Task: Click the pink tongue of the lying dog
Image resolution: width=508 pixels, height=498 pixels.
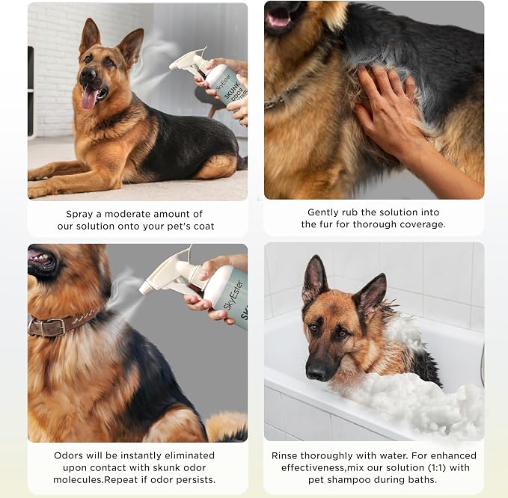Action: click(x=89, y=98)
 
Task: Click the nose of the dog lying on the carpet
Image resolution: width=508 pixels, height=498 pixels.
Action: click(x=88, y=75)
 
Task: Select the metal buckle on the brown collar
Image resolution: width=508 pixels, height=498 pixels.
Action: click(x=48, y=327)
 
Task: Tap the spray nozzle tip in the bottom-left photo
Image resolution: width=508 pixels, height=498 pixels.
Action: click(x=144, y=290)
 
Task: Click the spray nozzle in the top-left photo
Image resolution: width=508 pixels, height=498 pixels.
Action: click(x=172, y=66)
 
